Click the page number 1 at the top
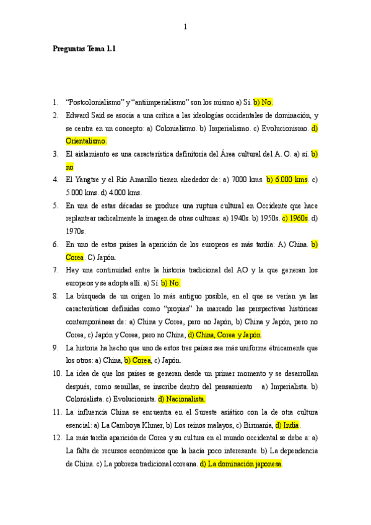[x=185, y=27]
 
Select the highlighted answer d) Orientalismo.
[x=86, y=141]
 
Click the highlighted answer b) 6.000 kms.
[x=287, y=180]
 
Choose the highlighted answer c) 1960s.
[x=295, y=219]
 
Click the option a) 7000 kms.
[x=247, y=180]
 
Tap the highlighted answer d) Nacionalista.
[x=182, y=399]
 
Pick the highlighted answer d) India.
[x=288, y=425]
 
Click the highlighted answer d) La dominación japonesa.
[x=241, y=464]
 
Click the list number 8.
[x=56, y=296]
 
